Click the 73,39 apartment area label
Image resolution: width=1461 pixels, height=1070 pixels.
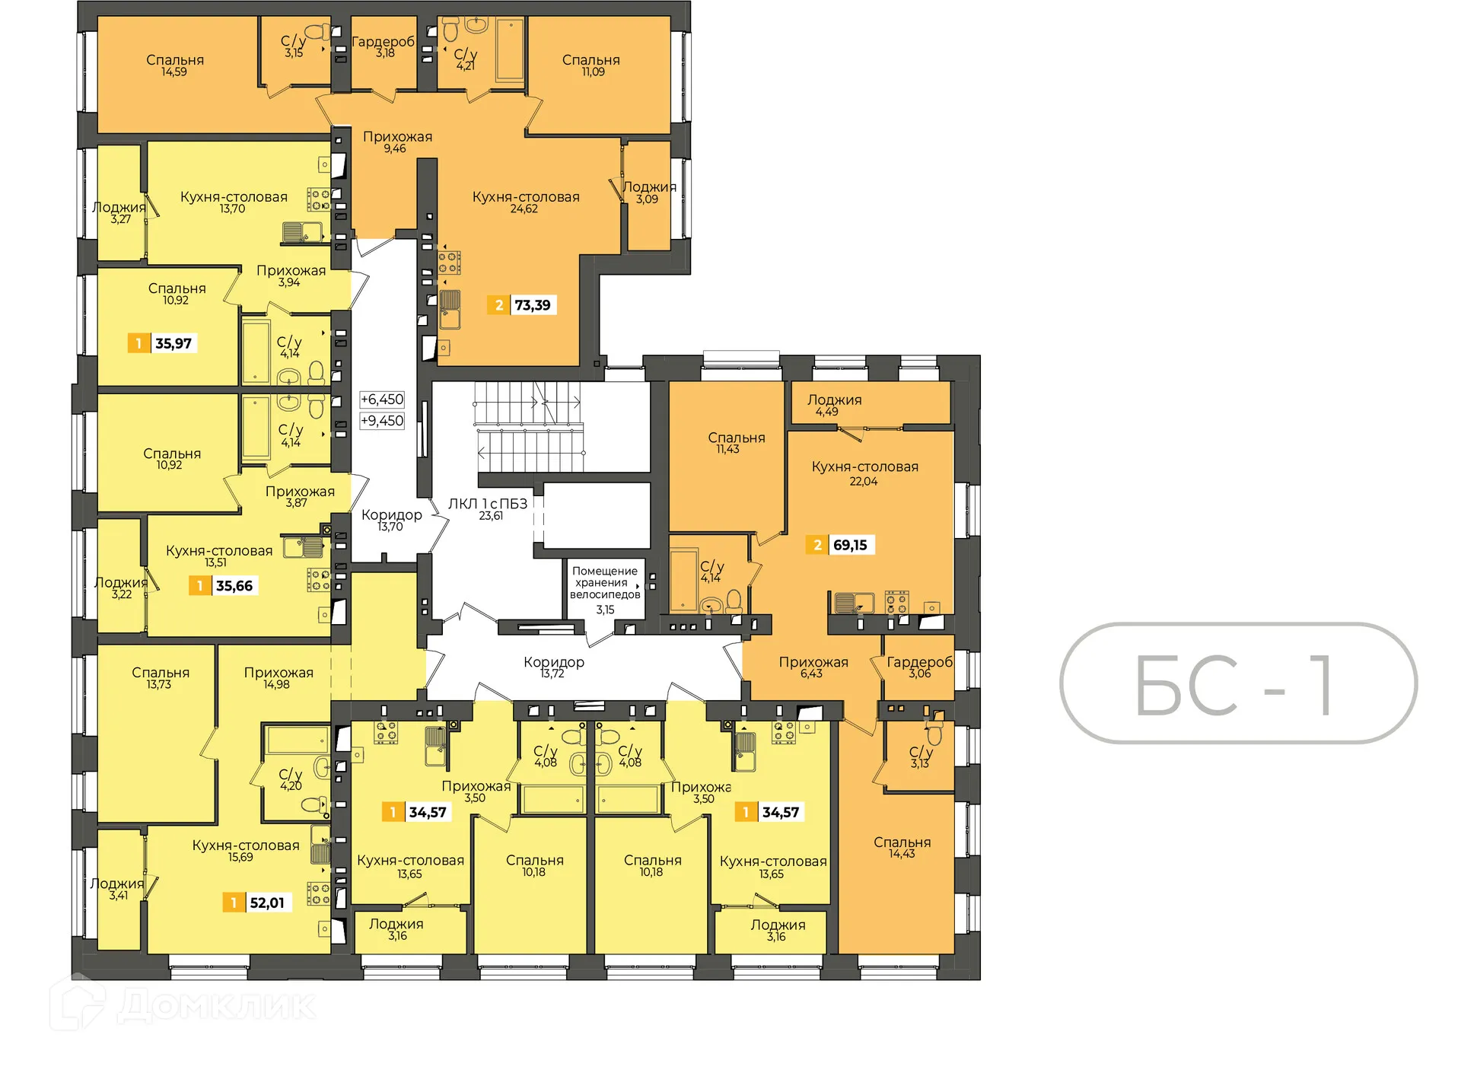pyautogui.click(x=523, y=305)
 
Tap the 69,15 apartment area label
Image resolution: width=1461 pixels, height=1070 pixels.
pyautogui.click(x=841, y=545)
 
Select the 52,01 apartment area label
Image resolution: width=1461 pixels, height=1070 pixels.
pyautogui.click(x=258, y=903)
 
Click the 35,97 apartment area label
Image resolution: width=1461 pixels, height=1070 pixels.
pyautogui.click(x=164, y=343)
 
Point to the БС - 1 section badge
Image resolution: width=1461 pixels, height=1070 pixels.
pyautogui.click(x=1238, y=683)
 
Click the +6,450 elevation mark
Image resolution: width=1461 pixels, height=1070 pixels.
pyautogui.click(x=382, y=400)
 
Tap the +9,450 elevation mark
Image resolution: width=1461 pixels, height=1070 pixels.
pyautogui.click(x=382, y=421)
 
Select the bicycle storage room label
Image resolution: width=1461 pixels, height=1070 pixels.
pyautogui.click(x=605, y=589)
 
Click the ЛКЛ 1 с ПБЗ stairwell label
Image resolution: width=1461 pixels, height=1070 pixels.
pyautogui.click(x=488, y=509)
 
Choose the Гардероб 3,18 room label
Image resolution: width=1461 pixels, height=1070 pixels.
pyautogui.click(x=384, y=46)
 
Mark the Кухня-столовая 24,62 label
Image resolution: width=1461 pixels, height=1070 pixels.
pyautogui.click(x=526, y=202)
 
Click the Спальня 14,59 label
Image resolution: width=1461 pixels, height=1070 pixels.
pyautogui.click(x=175, y=65)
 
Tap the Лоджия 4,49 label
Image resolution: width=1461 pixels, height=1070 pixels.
pyautogui.click(x=834, y=405)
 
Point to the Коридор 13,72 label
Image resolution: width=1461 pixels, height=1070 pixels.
pyautogui.click(x=553, y=667)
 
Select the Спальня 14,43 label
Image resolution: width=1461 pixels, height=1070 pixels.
pyautogui.click(x=902, y=847)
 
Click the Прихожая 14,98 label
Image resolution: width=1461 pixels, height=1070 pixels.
pyautogui.click(x=279, y=677)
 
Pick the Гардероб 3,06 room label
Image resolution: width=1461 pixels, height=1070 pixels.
pyautogui.click(x=919, y=667)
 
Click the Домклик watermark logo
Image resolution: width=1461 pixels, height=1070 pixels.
pyautogui.click(x=183, y=1006)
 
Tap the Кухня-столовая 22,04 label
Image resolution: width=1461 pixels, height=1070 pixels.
pyautogui.click(x=864, y=473)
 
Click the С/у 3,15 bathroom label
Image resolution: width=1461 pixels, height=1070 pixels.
pyautogui.click(x=293, y=46)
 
